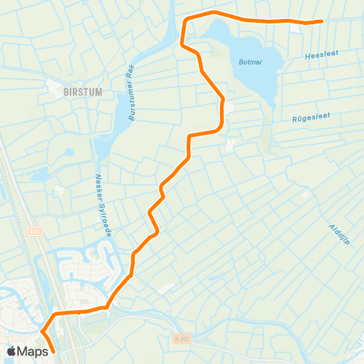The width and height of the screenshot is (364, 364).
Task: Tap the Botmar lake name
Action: pos(250,63)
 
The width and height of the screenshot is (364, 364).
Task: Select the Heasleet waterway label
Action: pos(321,55)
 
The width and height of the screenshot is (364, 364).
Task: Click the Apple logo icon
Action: pos(13,352)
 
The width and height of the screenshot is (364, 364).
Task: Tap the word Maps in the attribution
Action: pos(33,352)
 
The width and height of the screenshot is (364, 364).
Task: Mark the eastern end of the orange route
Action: pos(322,21)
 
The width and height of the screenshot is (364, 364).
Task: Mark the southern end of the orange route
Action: pos(54,352)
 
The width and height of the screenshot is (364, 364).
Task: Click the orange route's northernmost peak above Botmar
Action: pos(215,12)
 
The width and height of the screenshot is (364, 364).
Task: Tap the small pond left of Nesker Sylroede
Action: pos(69,152)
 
